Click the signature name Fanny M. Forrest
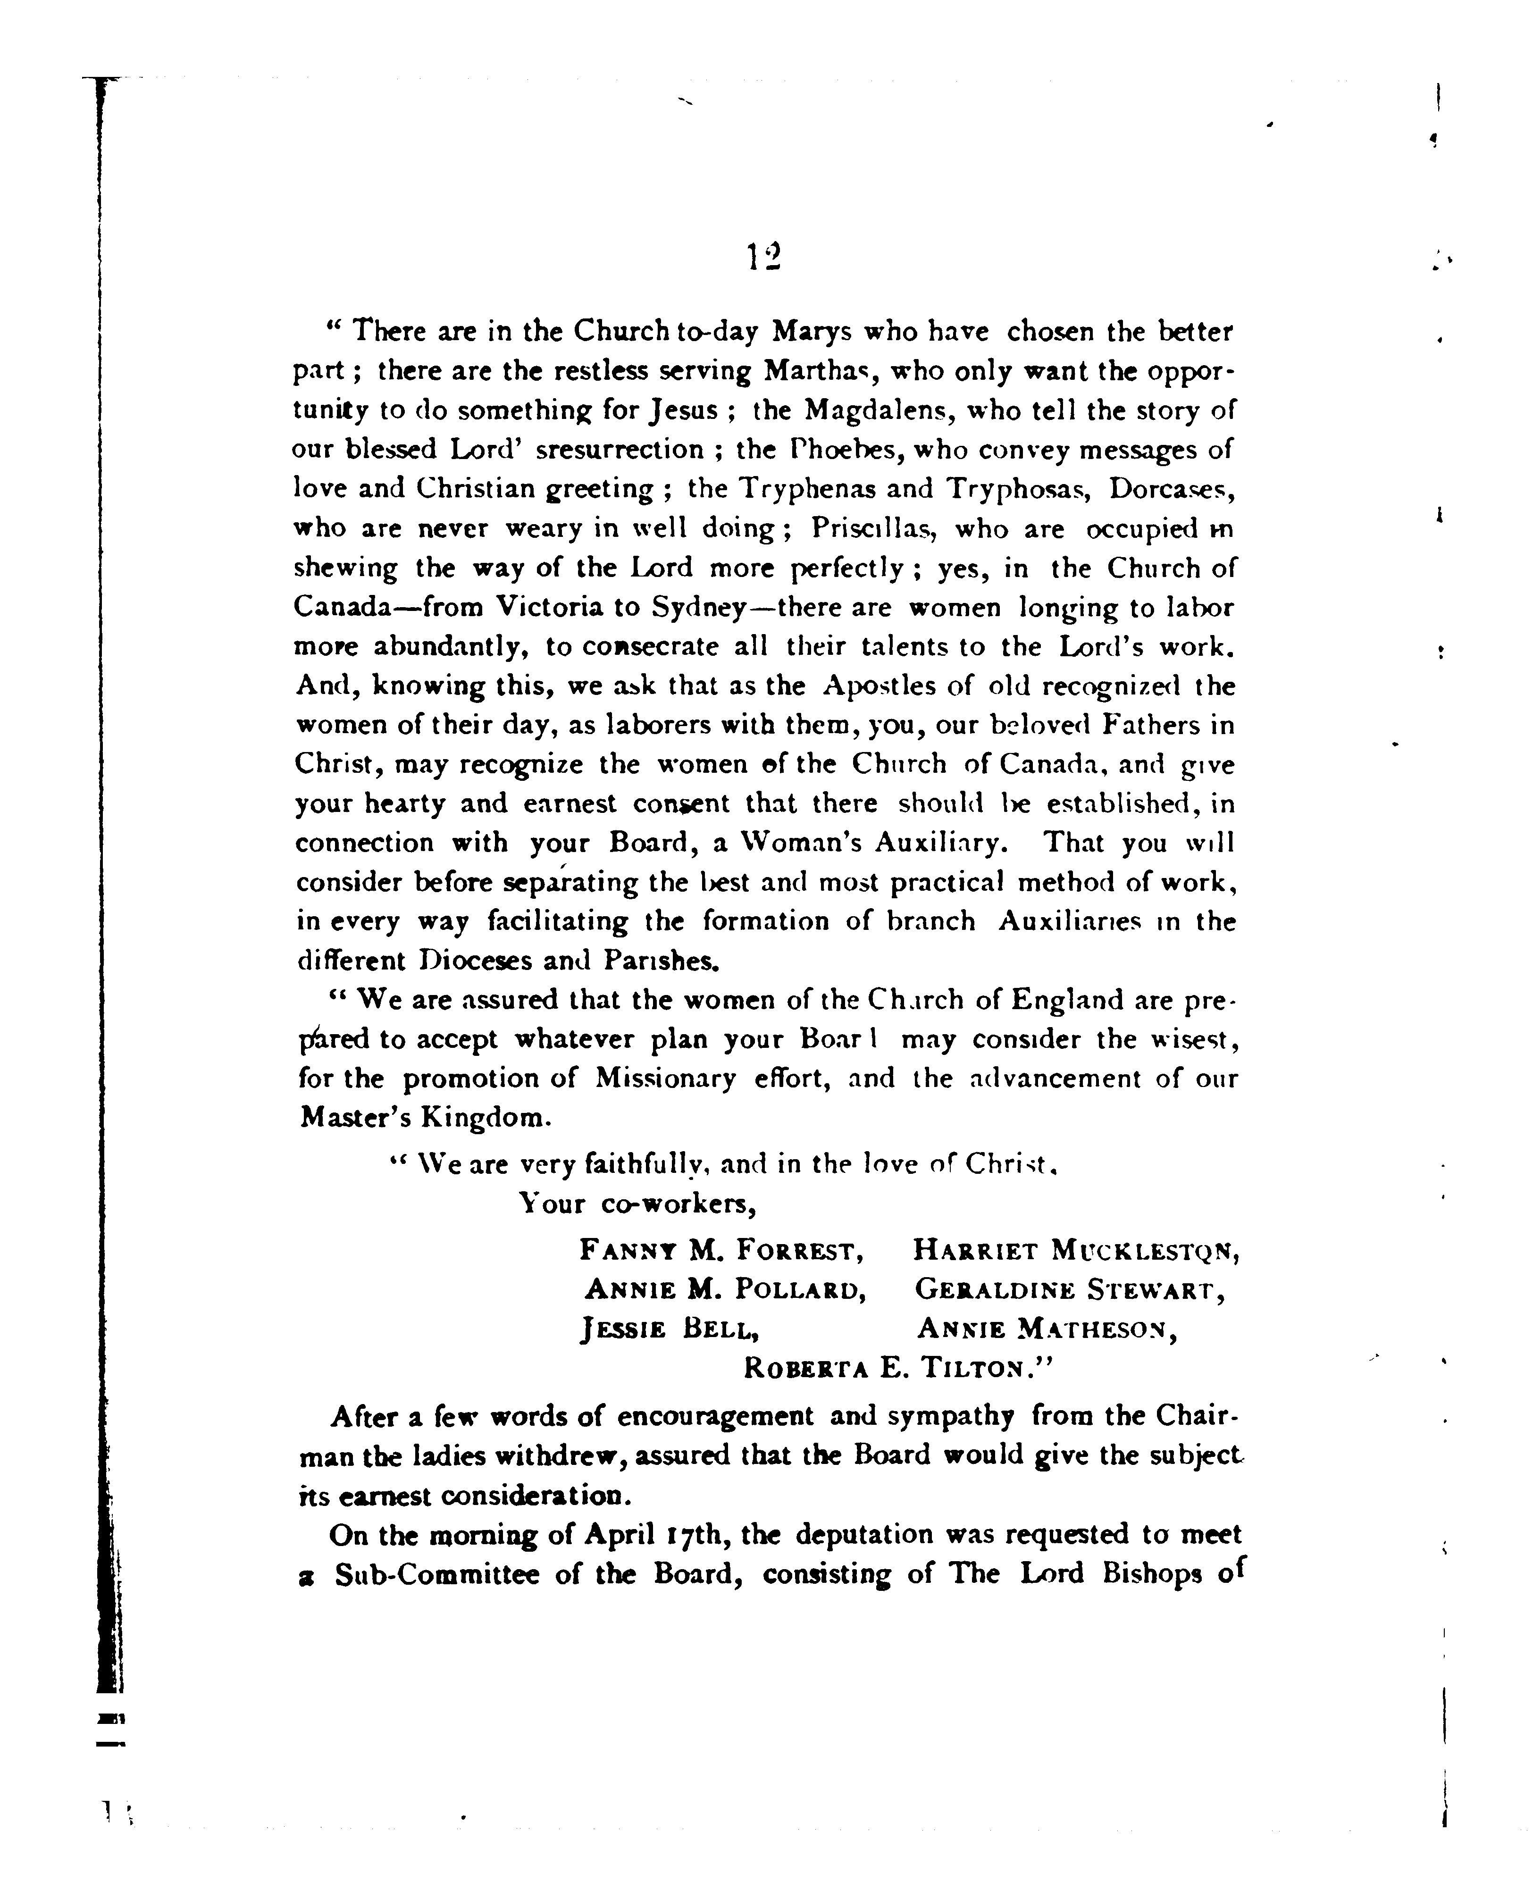click(720, 1250)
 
